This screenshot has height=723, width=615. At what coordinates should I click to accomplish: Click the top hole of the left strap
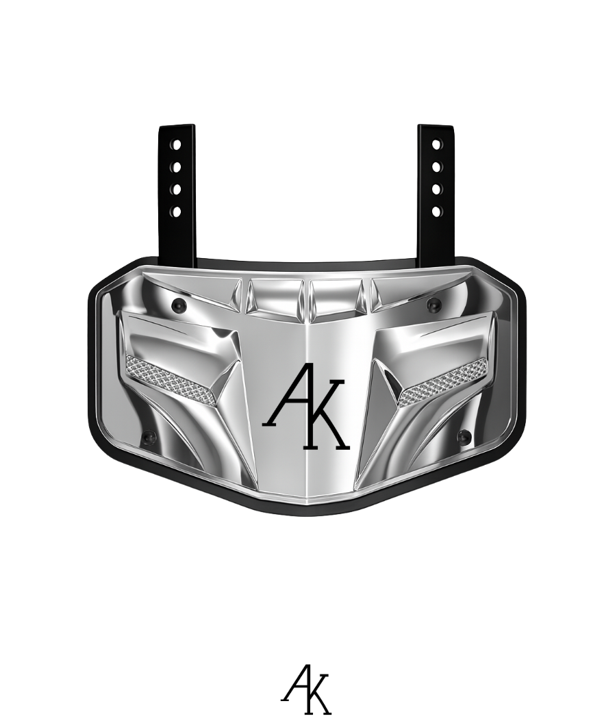pos(176,145)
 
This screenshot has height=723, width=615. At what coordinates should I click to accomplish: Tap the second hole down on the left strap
pos(176,167)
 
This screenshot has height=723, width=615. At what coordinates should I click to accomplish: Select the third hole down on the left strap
pos(176,189)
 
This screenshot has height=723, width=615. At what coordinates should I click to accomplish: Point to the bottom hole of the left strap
pos(176,212)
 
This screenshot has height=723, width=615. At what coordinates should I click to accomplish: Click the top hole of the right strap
pos(436,145)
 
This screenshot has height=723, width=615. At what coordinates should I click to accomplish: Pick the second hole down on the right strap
pos(436,167)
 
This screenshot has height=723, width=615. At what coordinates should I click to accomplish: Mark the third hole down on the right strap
pos(436,189)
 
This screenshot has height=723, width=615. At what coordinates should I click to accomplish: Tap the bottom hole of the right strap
pos(436,212)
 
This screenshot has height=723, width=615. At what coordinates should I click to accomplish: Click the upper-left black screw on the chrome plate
pos(179,304)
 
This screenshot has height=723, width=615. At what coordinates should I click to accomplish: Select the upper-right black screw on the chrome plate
pos(433,304)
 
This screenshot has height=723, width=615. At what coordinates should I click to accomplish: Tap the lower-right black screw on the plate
pos(464,437)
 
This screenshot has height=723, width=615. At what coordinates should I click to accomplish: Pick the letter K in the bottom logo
pos(318,695)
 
